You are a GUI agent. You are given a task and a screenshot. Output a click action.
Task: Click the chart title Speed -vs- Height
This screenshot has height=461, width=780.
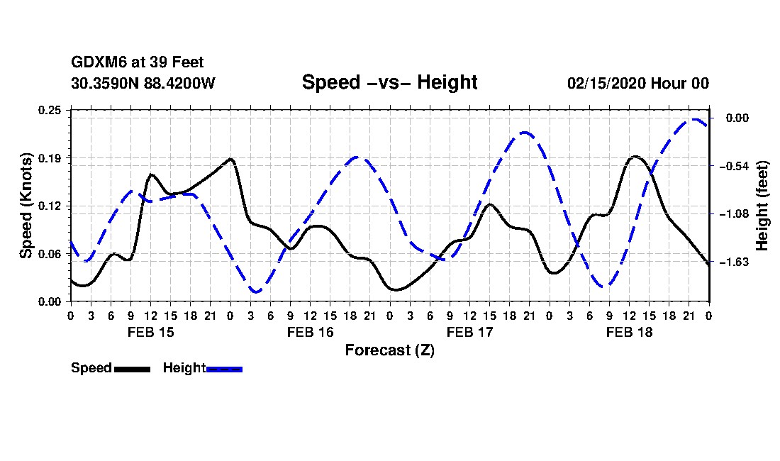tap(389, 82)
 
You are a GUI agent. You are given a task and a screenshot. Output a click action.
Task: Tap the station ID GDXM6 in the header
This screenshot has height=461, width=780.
tap(93, 63)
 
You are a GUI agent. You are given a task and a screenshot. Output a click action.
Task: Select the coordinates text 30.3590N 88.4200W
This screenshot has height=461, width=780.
tap(143, 83)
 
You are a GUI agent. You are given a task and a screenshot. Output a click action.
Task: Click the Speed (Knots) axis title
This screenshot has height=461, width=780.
tap(26, 205)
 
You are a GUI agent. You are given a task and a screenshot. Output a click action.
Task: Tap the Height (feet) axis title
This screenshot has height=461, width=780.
tap(763, 206)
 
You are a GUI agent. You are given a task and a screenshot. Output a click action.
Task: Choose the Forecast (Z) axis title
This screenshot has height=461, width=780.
tap(389, 350)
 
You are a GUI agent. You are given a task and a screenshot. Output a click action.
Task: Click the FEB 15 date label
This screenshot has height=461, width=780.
tap(150, 332)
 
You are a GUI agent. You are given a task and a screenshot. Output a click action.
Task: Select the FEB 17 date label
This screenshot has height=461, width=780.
tap(469, 332)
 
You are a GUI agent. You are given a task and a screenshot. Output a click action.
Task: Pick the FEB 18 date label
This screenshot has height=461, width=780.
tap(629, 332)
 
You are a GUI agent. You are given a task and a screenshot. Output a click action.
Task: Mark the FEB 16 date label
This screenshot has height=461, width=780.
tap(310, 332)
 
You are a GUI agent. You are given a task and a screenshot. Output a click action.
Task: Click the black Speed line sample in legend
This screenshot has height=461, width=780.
tap(132, 369)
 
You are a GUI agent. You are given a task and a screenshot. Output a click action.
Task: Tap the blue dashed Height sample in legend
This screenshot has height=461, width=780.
tap(225, 369)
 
